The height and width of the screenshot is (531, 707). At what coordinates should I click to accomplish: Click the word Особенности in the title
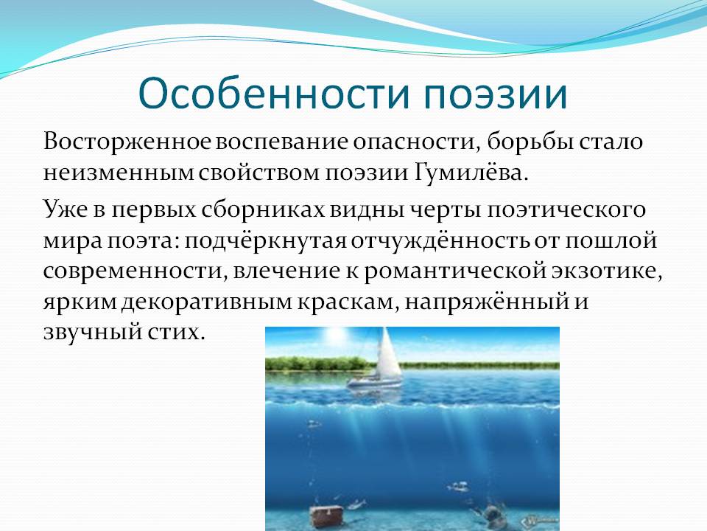click(x=274, y=94)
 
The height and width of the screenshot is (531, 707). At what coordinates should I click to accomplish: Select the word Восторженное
click(x=127, y=142)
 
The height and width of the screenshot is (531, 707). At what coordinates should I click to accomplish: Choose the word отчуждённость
click(x=440, y=240)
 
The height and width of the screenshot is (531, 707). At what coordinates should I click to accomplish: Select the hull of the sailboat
click(x=374, y=383)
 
